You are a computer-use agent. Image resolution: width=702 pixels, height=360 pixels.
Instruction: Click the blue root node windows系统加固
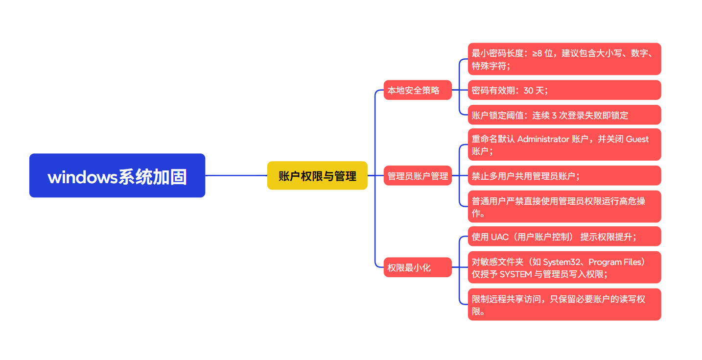[x=117, y=175]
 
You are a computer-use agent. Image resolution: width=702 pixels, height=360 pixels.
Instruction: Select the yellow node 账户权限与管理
[x=317, y=175]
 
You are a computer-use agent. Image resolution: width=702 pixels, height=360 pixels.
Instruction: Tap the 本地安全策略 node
[x=417, y=90]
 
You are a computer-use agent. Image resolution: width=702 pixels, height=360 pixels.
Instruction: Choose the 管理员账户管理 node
[x=418, y=176]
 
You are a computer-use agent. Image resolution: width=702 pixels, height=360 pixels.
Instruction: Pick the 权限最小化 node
[x=417, y=267]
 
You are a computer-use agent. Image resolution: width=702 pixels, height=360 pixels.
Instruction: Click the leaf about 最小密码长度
[x=564, y=59]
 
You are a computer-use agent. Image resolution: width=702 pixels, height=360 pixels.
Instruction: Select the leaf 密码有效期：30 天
[x=564, y=90]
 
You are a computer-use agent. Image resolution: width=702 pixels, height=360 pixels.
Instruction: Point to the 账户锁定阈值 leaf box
[x=564, y=115]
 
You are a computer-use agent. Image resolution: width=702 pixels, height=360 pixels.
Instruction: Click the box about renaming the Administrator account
[x=564, y=144]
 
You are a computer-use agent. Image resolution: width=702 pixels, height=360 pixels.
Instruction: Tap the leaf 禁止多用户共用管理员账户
[x=564, y=176]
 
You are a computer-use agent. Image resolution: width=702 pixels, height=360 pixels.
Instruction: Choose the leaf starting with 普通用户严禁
[x=564, y=207]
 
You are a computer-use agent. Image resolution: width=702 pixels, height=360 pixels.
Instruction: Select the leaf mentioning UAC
[x=564, y=237]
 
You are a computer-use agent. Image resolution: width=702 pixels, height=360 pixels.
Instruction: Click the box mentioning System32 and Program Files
[x=564, y=267]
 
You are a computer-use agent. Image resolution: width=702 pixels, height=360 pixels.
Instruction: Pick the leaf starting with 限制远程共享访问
[x=564, y=305]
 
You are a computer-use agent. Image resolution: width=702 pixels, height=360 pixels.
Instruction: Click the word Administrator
[x=543, y=139]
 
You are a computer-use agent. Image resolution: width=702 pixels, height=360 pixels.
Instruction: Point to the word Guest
[x=637, y=139]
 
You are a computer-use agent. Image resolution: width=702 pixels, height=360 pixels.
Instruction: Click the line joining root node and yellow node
[x=236, y=175]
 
